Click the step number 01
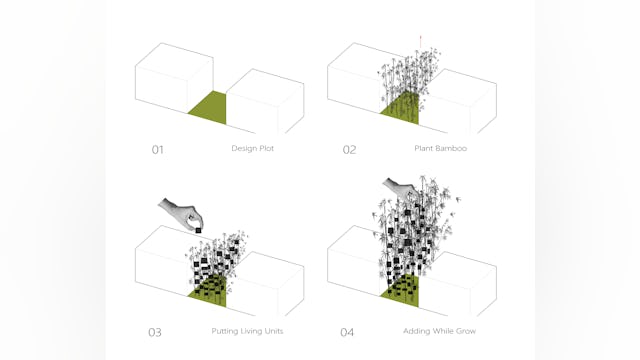[157, 150]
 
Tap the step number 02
[349, 150]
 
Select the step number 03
[157, 332]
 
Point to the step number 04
[349, 332]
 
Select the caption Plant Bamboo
[441, 149]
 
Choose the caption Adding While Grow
[438, 331]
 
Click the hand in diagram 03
[180, 213]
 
